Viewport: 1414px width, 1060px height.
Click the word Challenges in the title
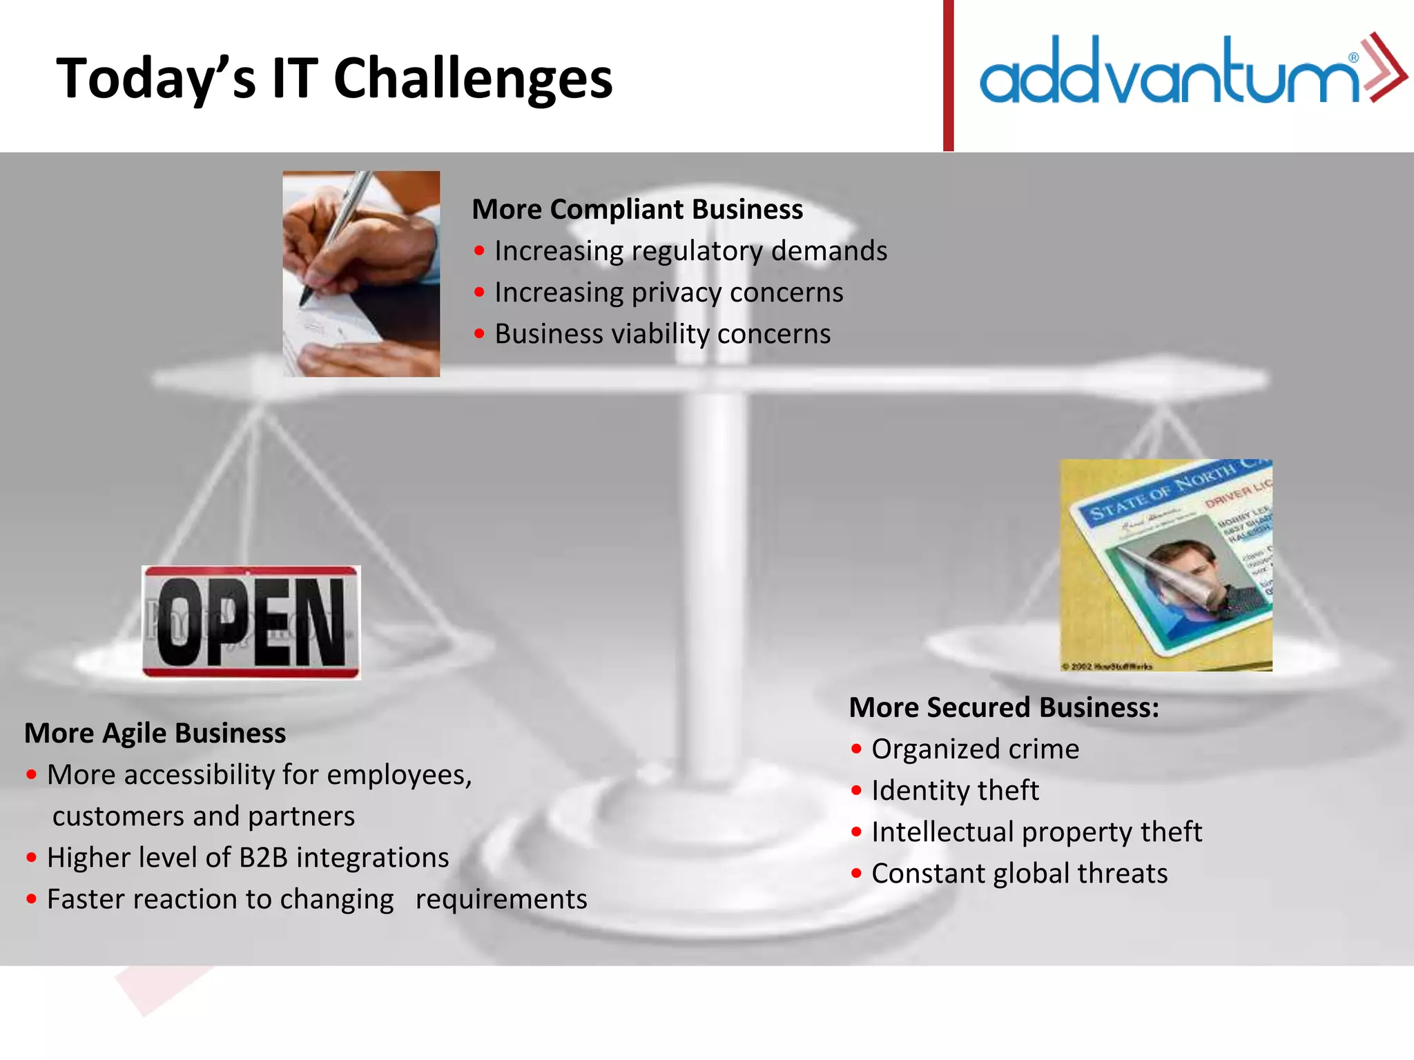coord(473,79)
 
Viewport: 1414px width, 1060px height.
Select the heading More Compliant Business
coord(637,209)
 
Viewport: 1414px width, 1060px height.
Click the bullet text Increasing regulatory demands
coord(690,251)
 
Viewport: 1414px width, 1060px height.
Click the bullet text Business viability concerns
coord(662,334)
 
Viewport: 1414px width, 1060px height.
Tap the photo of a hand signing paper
coord(361,273)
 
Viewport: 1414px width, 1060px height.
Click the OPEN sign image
coord(251,622)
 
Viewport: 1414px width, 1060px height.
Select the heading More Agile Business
coord(155,733)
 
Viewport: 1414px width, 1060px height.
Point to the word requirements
coord(501,899)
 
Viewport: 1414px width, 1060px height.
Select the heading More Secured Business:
coord(1003,707)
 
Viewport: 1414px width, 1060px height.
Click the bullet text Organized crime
coord(974,749)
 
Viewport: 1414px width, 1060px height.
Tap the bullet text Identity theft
coord(954,791)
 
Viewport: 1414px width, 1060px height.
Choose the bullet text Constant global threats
coord(1019,874)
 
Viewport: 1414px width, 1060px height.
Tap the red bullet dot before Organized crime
coord(857,749)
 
